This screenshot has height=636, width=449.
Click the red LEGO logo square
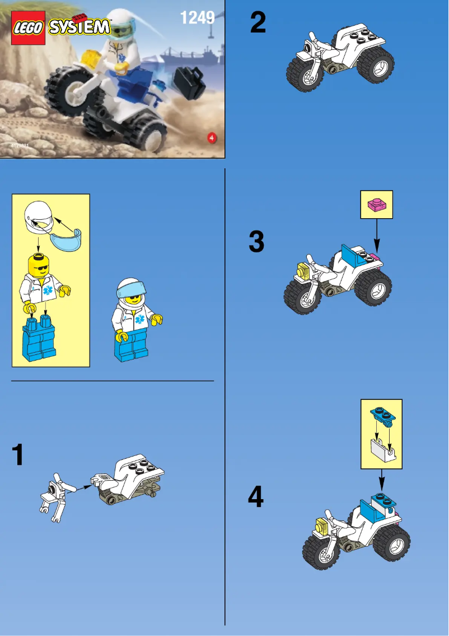[29, 27]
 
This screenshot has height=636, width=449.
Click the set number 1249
[197, 18]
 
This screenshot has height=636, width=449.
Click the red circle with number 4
[212, 138]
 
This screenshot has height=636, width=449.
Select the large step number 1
[18, 455]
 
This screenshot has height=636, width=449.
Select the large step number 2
[258, 23]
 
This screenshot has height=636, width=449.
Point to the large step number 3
[256, 242]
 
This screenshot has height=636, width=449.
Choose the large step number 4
[256, 497]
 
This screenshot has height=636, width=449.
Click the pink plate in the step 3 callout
[376, 205]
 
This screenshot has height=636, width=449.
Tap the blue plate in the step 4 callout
[381, 416]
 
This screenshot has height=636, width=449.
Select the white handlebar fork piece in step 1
[54, 496]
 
